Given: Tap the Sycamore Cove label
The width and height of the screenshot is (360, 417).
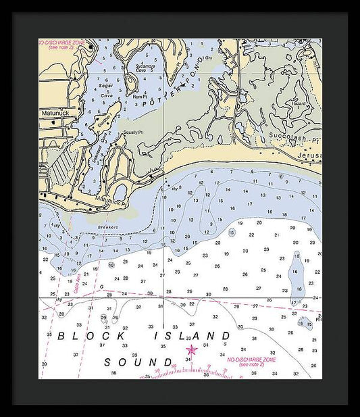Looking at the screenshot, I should (145, 68).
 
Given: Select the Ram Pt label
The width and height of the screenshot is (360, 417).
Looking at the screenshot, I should (140, 96).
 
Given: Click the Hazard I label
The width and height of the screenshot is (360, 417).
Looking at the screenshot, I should (299, 104).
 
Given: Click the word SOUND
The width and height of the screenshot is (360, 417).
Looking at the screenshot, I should (139, 362).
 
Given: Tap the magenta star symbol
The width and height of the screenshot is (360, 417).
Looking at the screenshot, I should (191, 349).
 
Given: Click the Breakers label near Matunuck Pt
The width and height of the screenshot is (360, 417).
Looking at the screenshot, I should (107, 227).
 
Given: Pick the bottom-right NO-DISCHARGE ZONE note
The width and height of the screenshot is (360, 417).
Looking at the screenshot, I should (252, 362).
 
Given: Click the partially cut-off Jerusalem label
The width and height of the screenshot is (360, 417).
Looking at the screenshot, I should (309, 155).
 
